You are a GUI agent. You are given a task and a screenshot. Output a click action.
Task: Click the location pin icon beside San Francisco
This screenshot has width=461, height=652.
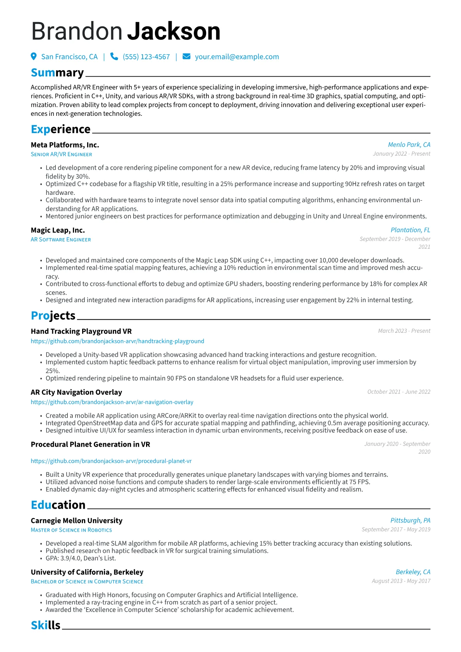[x=34, y=57]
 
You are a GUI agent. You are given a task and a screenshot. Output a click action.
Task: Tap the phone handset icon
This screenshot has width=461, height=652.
[x=114, y=57]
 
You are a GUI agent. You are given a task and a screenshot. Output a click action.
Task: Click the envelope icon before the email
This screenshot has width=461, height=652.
[x=186, y=57]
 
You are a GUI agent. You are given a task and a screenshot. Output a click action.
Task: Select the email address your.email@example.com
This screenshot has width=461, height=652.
[x=237, y=57]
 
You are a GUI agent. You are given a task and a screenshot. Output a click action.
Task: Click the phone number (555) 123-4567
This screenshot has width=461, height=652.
[x=146, y=57]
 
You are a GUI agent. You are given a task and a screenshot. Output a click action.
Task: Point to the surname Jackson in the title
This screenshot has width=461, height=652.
[x=174, y=31]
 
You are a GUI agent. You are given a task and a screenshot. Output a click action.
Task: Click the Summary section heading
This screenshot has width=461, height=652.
[x=57, y=73]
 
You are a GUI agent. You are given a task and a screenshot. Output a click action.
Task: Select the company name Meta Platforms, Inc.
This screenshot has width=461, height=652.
[x=65, y=145]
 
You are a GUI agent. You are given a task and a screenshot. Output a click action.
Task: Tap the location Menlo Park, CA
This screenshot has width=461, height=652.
[x=409, y=145]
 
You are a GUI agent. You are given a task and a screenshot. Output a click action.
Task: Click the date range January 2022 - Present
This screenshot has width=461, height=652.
[x=401, y=154]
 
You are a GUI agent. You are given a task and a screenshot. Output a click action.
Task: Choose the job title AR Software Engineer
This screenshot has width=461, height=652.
[x=61, y=240]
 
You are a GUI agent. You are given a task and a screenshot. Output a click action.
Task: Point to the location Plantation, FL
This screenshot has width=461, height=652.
[x=410, y=230]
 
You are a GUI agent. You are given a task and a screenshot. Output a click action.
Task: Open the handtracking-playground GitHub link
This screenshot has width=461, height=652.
[x=117, y=341]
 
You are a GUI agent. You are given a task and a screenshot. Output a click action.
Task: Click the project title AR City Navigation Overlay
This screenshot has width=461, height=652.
[x=76, y=392]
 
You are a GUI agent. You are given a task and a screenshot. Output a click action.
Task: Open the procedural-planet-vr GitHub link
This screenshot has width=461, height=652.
[x=111, y=461]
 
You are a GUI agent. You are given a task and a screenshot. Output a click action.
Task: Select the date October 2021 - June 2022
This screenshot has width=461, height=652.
[x=399, y=392]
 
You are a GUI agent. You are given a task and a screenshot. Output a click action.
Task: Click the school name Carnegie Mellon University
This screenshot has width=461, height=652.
[x=76, y=521]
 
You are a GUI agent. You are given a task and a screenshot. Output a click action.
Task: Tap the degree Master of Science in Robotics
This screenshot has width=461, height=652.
[x=71, y=530]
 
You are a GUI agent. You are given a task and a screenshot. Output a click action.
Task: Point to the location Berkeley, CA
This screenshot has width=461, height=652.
[x=413, y=572]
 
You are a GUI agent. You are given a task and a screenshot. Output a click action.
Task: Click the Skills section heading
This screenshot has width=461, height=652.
[x=46, y=625]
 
